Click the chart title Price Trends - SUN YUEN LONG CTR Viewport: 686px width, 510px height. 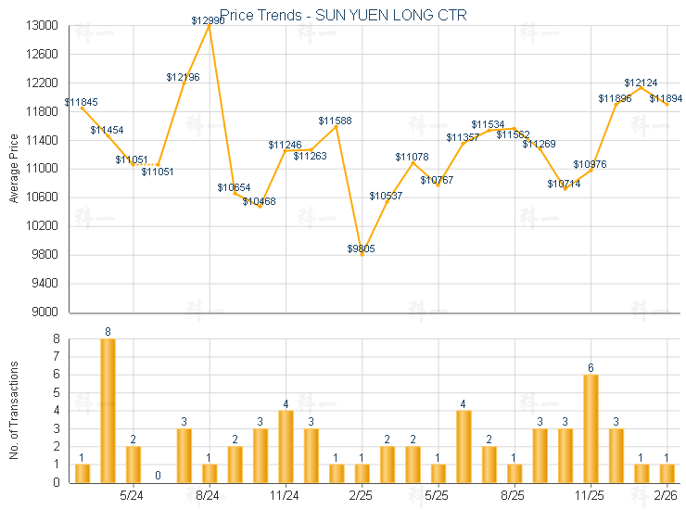coord(343,15)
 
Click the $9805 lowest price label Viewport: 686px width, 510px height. coord(362,249)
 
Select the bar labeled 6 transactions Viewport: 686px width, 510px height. coord(591,427)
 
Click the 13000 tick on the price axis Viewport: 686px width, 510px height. coord(43,26)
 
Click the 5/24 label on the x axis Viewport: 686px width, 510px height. coord(132,495)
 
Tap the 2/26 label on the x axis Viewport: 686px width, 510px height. coord(666,495)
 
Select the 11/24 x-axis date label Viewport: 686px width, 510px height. coord(285,495)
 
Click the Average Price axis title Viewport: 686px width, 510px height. coord(13,169)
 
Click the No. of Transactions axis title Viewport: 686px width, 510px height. coord(13,411)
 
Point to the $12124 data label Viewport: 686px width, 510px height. coord(641,83)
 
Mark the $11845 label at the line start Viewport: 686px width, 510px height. coord(82,102)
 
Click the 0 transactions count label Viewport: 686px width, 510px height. coord(158,476)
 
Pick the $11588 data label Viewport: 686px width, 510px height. coord(335,121)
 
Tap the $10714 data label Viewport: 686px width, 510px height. coord(564,184)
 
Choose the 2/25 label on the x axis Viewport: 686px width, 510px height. coord(362,495)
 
